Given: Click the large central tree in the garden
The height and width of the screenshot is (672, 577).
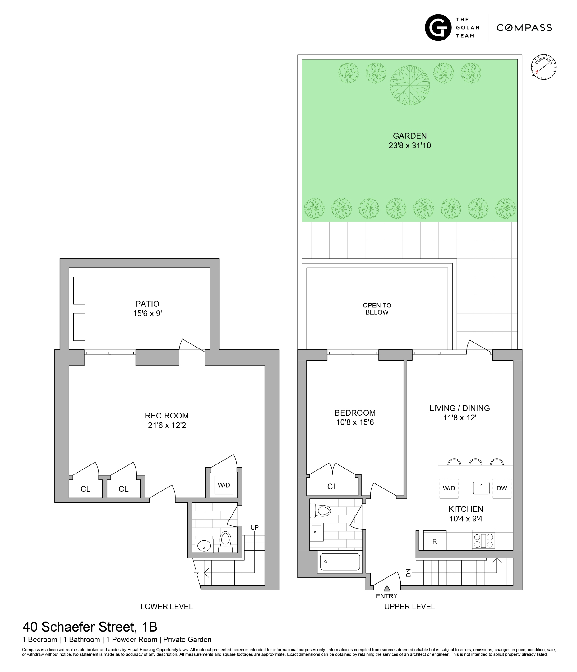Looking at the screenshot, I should tap(410, 85).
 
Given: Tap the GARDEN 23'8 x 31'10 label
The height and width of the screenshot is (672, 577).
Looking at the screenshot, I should tap(410, 141).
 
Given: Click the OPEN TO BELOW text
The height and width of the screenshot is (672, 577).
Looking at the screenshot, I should tap(377, 308).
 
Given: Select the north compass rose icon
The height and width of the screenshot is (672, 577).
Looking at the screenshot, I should tap(544, 67).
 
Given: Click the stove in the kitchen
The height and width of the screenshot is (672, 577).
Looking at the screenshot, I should tap(483, 541).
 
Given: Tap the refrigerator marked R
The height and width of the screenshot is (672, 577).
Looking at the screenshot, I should tap(435, 541).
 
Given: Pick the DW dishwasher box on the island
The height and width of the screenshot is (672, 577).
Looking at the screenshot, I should tap(502, 488).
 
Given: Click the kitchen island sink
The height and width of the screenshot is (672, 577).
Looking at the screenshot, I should tap(481, 488).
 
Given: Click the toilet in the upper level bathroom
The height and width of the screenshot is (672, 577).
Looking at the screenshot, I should tap(321, 511).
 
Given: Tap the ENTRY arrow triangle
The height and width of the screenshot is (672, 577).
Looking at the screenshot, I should tap(387, 588).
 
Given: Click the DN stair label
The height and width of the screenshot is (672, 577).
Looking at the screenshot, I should tap(409, 573).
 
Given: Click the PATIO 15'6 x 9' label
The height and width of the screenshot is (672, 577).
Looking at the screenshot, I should tap(147, 308).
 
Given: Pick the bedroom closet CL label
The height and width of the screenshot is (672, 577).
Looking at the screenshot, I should tap(332, 487).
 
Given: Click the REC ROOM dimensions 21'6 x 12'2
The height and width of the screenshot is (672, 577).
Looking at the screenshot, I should tap(167, 425).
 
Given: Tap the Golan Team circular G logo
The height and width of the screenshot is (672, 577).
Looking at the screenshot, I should tap(438, 28).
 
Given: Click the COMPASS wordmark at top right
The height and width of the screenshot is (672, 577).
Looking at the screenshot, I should tap(524, 28).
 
